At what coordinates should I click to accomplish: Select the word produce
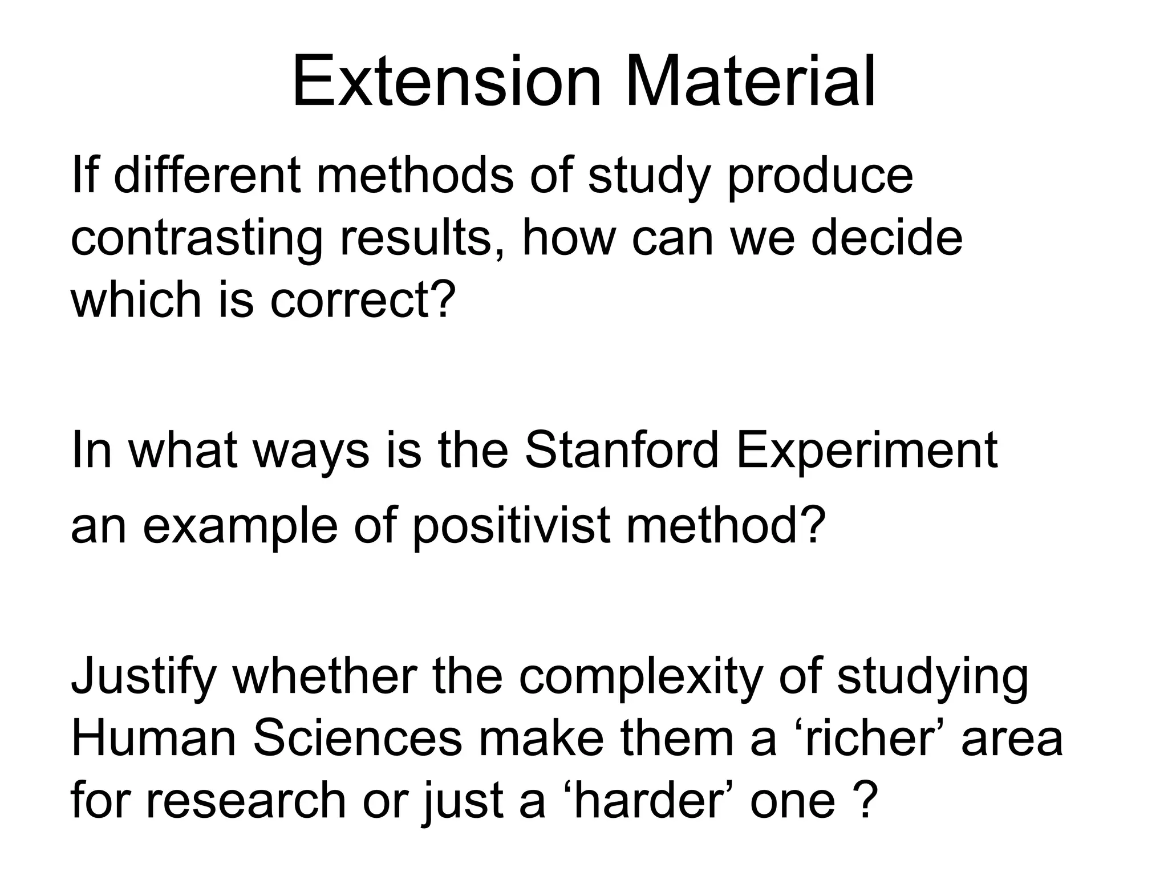click(820, 177)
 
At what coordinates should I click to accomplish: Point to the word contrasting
click(196, 240)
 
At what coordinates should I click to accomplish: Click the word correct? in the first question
click(363, 301)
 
